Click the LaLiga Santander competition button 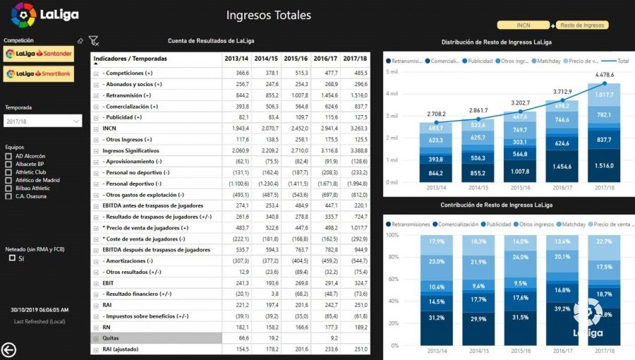click(x=39, y=54)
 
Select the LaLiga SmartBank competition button click(x=39, y=73)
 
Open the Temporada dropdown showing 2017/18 click(x=43, y=121)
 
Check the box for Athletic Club click(x=8, y=172)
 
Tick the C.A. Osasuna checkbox click(x=8, y=196)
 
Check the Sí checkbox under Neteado click(x=12, y=258)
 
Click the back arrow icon click(x=9, y=349)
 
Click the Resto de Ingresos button click(x=582, y=25)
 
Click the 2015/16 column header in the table click(x=296, y=59)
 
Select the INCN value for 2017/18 click(x=355, y=128)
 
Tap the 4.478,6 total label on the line click(x=605, y=75)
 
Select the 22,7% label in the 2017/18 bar click(x=605, y=241)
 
